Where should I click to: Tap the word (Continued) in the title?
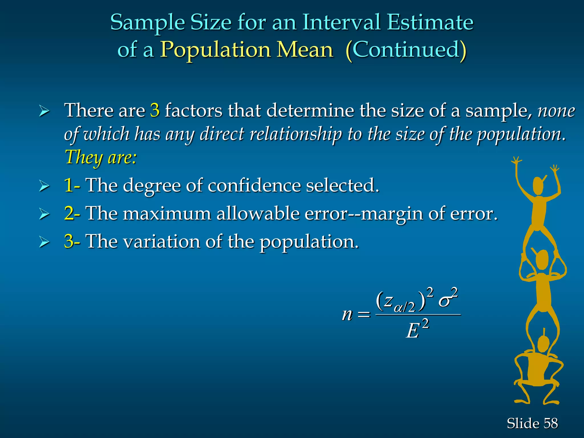pos(406,50)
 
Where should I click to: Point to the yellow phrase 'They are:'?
pos(101,157)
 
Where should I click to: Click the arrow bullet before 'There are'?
pos(44,111)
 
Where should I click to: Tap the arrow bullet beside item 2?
pos(44,214)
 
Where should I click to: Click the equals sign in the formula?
pos(364,315)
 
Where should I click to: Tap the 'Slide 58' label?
pos(532,423)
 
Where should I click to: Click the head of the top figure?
pos(538,186)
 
